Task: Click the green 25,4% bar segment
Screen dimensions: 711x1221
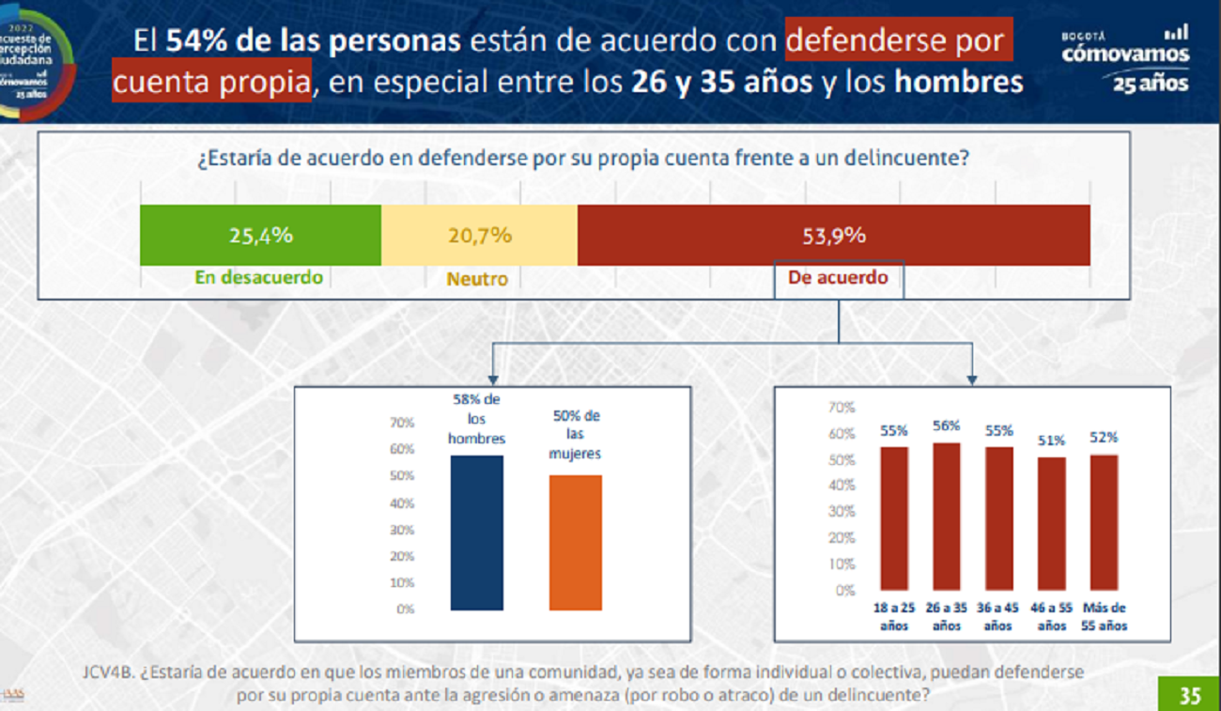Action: (x=260, y=236)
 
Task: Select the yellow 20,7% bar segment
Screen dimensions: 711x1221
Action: (x=479, y=236)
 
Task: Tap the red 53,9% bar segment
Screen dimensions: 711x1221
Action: (x=833, y=236)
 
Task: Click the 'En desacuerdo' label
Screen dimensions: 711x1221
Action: (x=258, y=278)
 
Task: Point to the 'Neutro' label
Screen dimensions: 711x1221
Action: (x=477, y=279)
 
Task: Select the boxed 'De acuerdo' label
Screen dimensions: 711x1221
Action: (x=838, y=279)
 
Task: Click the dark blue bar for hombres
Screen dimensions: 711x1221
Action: (x=477, y=533)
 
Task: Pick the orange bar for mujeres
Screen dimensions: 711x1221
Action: (x=575, y=543)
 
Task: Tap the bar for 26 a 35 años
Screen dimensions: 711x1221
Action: (x=947, y=516)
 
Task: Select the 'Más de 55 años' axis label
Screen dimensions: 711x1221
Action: (x=1105, y=617)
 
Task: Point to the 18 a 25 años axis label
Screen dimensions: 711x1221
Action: (x=894, y=617)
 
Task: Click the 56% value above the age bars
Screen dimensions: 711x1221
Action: (x=947, y=425)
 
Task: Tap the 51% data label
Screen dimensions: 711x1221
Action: (x=1052, y=440)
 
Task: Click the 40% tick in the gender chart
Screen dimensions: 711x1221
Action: (x=402, y=503)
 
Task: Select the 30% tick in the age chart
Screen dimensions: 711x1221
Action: (x=842, y=512)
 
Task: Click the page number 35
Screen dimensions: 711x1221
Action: (x=1190, y=696)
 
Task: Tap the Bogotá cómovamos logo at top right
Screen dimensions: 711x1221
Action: (x=1124, y=58)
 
